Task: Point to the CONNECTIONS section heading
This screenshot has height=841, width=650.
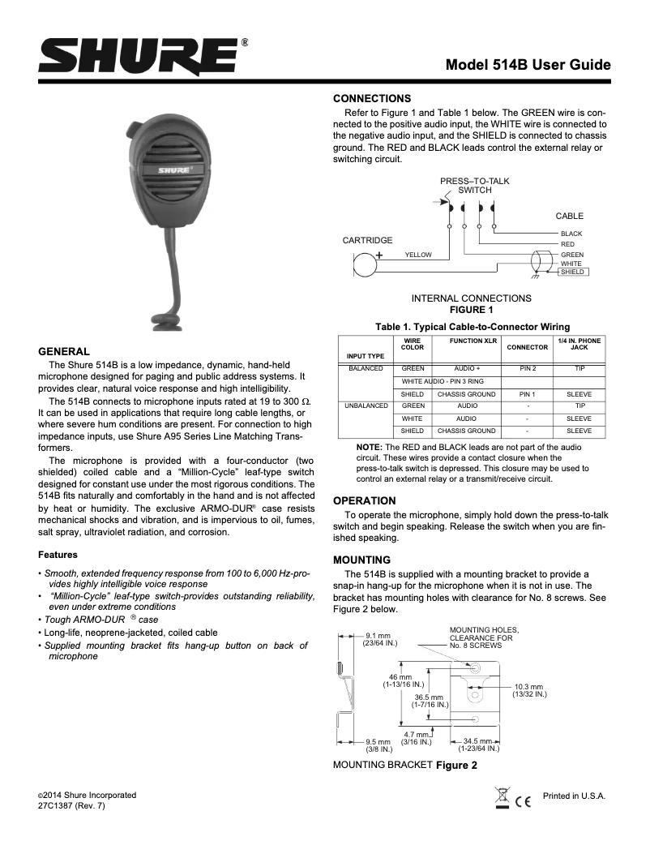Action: tap(373, 97)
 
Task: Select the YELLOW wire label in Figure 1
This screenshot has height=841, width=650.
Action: tap(418, 255)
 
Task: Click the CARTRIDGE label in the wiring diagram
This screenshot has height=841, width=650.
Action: tap(367, 240)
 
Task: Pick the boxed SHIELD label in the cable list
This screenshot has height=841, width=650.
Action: tap(573, 272)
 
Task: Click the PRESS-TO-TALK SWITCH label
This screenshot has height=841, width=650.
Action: tap(475, 185)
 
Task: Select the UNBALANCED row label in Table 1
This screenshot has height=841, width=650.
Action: tap(367, 405)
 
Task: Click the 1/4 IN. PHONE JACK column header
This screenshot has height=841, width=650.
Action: tap(579, 344)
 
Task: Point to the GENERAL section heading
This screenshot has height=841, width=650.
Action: tap(64, 351)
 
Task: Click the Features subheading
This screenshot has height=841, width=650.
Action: tap(58, 555)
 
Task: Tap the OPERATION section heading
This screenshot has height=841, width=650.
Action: tap(365, 500)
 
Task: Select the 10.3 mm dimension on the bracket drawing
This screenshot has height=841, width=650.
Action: tap(529, 690)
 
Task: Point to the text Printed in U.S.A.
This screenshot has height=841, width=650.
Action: tap(574, 796)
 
